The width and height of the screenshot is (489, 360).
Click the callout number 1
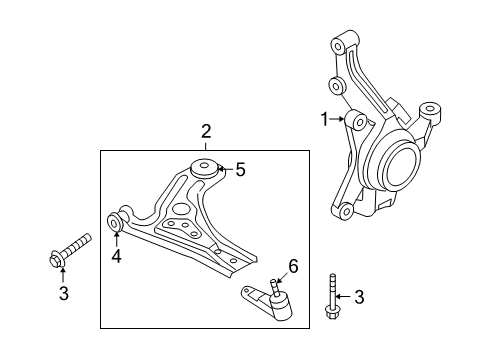pyautogui.click(x=324, y=120)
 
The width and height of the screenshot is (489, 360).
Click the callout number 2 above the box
pyautogui.click(x=205, y=131)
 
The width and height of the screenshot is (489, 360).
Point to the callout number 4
pyautogui.click(x=117, y=256)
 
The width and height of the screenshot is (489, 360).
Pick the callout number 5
pyautogui.click(x=239, y=170)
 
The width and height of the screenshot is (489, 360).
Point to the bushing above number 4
pyautogui.click(x=118, y=221)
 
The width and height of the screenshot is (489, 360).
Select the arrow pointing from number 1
pyautogui.click(x=338, y=120)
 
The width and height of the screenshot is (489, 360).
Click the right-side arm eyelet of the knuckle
pyautogui.click(x=431, y=110)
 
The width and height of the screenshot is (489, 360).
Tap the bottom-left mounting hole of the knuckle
pyautogui.click(x=344, y=211)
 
